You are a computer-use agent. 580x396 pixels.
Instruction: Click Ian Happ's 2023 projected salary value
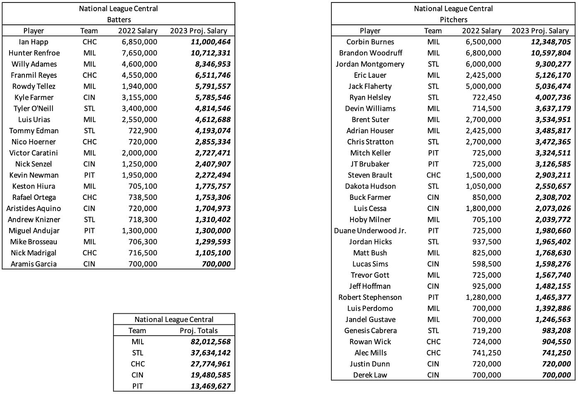click(x=210, y=42)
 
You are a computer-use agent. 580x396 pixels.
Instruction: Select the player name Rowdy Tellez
click(x=34, y=86)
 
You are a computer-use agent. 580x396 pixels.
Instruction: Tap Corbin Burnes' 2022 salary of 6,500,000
click(x=483, y=42)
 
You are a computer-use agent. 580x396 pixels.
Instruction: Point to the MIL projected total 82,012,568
click(x=205, y=342)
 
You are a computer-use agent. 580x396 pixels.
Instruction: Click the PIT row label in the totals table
click(x=138, y=386)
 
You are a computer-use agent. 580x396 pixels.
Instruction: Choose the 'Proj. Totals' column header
click(x=198, y=331)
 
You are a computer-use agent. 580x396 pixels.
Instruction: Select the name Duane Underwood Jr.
click(x=370, y=230)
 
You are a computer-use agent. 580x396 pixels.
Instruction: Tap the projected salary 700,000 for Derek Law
click(x=556, y=375)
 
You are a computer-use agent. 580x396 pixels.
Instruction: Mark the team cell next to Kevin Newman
click(x=89, y=175)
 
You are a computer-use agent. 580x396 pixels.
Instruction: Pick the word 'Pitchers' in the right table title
click(x=454, y=19)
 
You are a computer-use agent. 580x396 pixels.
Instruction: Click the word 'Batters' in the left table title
click(x=119, y=19)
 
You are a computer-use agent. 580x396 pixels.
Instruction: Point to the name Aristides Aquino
click(x=34, y=209)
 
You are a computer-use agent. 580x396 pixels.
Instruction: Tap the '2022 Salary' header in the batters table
click(x=138, y=31)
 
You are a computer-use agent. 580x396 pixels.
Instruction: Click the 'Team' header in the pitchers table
click(x=433, y=31)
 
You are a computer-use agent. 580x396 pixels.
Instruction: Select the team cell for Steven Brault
click(x=433, y=175)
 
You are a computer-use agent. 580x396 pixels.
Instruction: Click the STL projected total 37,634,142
click(x=205, y=353)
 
